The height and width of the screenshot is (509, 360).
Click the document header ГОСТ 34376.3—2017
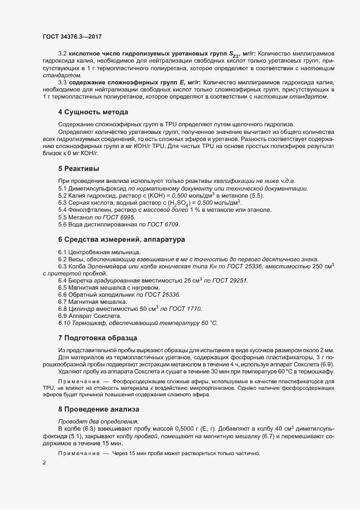tap(72, 36)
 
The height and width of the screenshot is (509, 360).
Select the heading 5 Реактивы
tap(79, 169)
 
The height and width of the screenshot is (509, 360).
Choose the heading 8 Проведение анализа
tap(99, 409)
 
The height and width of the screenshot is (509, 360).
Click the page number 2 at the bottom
tap(44, 463)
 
